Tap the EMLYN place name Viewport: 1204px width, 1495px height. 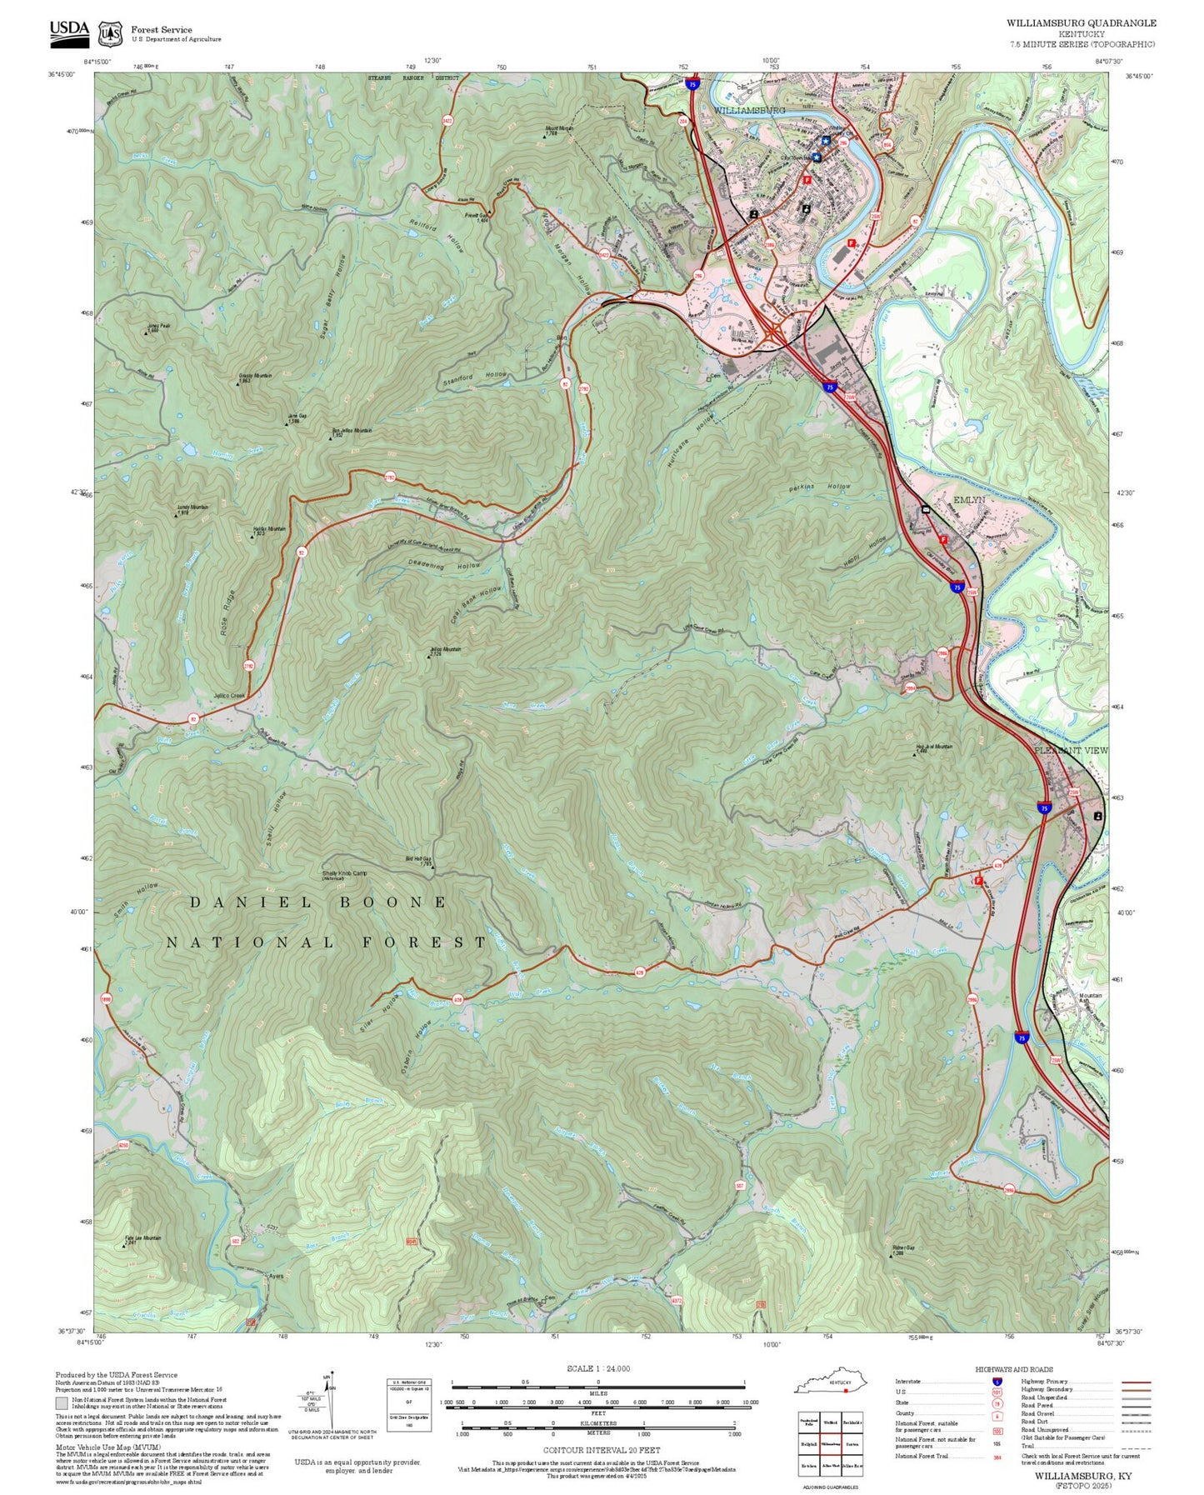coord(969,500)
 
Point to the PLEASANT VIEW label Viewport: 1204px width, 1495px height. coord(1071,751)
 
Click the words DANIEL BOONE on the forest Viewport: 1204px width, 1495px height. coord(318,902)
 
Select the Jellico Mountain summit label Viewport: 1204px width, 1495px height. coord(446,650)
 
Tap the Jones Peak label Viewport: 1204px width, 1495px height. coord(158,327)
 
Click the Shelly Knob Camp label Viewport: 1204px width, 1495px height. coord(344,874)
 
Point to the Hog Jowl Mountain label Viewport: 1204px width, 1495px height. coord(934,747)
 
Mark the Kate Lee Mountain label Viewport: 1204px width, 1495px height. coord(142,1239)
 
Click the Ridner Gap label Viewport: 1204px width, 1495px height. coord(903,1248)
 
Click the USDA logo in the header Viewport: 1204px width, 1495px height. coord(69,31)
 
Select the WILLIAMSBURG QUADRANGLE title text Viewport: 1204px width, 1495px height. coord(1081,23)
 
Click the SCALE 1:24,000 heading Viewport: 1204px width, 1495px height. coord(597,1369)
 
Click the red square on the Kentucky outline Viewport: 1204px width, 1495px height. coord(845,1390)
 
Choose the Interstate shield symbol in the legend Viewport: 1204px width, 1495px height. coord(997,1381)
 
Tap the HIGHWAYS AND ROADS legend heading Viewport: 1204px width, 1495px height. coord(1013,1369)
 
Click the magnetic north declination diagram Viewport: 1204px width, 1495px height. coord(331,1400)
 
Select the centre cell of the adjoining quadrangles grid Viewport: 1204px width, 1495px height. coord(830,1443)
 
